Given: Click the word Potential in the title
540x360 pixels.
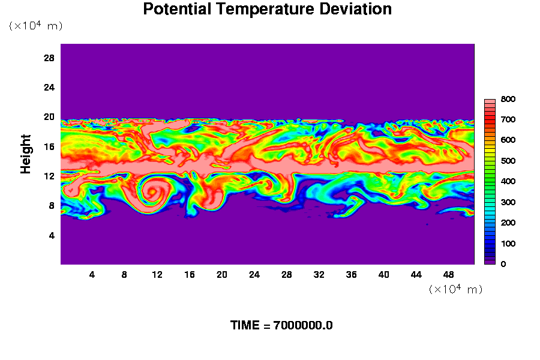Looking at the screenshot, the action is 177,9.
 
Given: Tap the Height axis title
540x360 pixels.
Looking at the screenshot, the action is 25,154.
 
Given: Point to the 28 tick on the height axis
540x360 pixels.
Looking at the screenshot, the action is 49,58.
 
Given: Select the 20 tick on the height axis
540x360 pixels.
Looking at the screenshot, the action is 49,117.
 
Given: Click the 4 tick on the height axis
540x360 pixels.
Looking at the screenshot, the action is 52,236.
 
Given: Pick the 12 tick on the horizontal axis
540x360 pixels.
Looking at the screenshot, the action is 157,275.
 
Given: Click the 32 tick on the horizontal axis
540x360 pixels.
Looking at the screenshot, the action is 319,275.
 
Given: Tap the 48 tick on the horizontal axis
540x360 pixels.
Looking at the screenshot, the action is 448,275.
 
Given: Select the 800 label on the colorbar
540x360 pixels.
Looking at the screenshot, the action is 508,99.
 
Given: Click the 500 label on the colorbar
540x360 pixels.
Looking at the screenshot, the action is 508,161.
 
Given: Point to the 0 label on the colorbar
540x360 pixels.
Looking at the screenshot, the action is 503,264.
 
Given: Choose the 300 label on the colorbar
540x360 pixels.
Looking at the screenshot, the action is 508,202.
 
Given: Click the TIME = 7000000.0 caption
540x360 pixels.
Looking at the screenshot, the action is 281,325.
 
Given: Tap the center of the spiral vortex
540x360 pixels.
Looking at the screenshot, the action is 152,191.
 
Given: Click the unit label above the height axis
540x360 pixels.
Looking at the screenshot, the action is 36,25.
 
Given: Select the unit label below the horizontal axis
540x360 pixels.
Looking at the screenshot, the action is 455,289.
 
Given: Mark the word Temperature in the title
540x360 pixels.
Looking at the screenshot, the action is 265,9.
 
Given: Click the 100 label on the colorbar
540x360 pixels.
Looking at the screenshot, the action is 508,244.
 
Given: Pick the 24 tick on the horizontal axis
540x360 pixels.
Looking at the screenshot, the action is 254,275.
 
